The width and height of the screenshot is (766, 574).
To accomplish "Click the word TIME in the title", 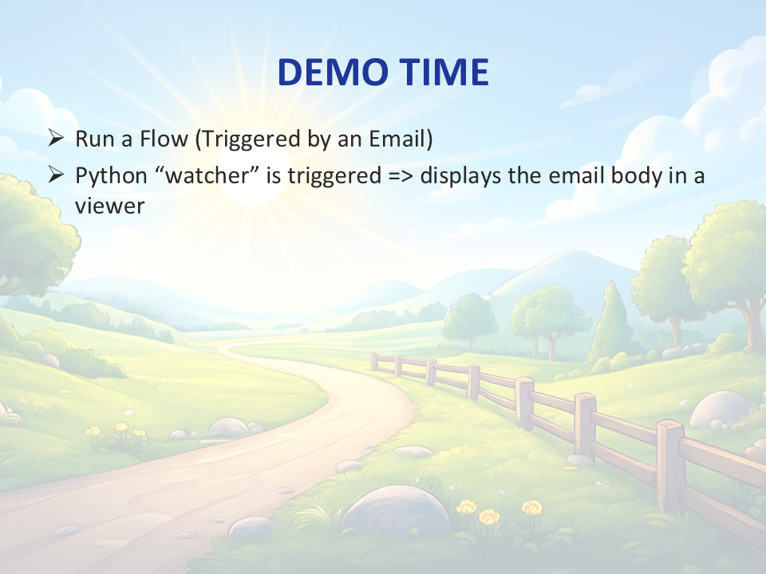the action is tap(444, 72).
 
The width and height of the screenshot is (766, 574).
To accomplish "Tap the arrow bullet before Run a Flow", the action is tap(56, 138).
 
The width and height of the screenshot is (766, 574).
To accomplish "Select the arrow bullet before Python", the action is tap(56, 175).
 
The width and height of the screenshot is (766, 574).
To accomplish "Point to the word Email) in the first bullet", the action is tap(401, 139).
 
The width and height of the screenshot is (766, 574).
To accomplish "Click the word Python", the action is tap(111, 175).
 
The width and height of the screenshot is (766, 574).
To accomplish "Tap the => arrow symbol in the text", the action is tap(401, 175).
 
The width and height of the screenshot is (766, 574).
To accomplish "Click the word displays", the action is tap(460, 175).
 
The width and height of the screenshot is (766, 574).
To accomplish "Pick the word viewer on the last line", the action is tap(110, 206).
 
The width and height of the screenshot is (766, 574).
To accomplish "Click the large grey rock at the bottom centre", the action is tap(395, 511).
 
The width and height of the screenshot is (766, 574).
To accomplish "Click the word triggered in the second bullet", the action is tap(334, 176).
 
